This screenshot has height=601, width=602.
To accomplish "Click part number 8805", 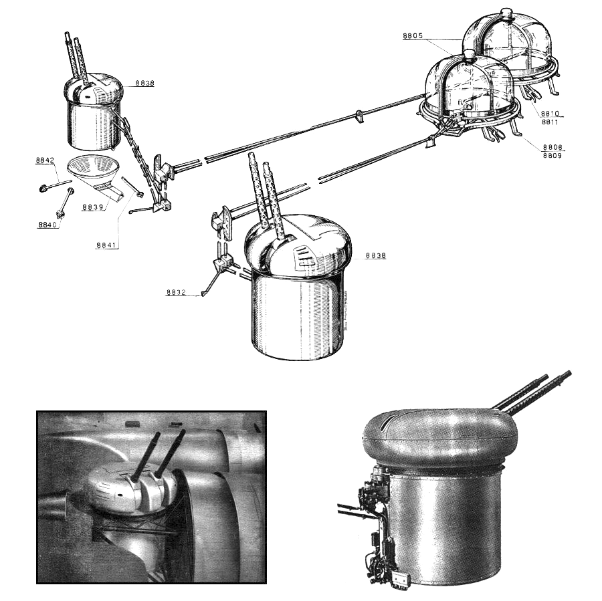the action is coord(413,35).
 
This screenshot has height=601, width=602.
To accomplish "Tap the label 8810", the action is coord(550,113).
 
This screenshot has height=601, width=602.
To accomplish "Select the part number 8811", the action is coord(550,122).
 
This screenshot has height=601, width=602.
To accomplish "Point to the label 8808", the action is coord(553,147).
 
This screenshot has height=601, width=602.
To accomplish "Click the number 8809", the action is coord(552,155).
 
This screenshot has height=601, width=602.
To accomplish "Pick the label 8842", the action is coord(45,160).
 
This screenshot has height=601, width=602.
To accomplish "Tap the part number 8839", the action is coord(92,207).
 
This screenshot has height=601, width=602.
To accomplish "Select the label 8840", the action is coord(47,225).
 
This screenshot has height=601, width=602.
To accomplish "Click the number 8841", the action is coord(106,245).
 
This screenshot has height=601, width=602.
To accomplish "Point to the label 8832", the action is coord(176,292).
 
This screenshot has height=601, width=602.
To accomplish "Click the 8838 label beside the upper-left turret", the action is coord(144,83).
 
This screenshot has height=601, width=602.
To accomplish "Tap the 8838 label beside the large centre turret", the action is coord(376,255).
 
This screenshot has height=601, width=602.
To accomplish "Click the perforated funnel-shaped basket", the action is coord(91,170).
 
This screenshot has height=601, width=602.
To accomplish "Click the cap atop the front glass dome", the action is coord(469,55).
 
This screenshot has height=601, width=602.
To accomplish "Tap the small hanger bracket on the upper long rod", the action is coord(359,116).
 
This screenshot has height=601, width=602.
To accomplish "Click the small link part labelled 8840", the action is coord(64,203).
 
